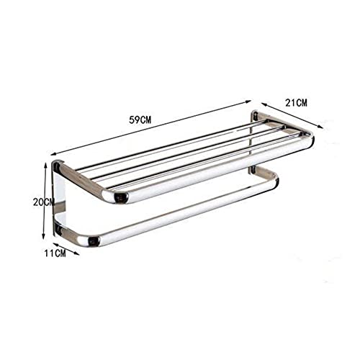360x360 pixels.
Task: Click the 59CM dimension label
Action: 140,120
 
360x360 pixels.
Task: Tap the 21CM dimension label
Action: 296,103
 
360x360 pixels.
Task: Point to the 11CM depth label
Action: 55,253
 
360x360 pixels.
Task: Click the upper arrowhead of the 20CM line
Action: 45,164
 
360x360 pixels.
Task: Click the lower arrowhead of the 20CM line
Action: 43,237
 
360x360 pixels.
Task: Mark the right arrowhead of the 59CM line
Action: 248,102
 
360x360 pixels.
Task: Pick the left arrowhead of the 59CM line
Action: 54,155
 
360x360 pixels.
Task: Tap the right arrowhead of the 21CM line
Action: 320,127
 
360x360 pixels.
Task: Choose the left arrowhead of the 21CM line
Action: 264,104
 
